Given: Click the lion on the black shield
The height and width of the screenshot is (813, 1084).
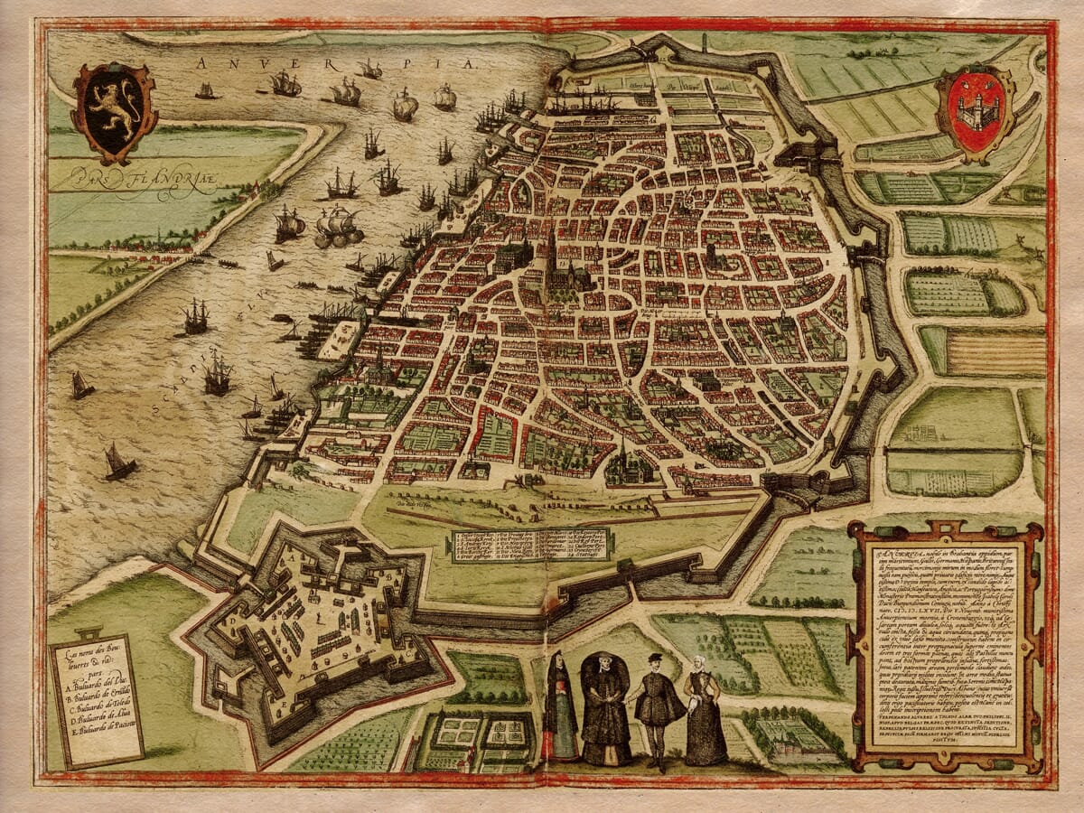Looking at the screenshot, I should point(115,107).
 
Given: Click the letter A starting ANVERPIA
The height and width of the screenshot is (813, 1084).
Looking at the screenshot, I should point(200,63).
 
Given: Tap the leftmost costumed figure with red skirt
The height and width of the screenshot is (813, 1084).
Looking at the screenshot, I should point(560,709).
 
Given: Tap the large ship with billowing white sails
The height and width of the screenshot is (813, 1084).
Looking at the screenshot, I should point(338,226).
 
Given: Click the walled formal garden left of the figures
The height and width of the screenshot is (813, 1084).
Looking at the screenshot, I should point(474,741).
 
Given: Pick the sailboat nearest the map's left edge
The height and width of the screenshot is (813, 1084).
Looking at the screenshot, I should point(81,386).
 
